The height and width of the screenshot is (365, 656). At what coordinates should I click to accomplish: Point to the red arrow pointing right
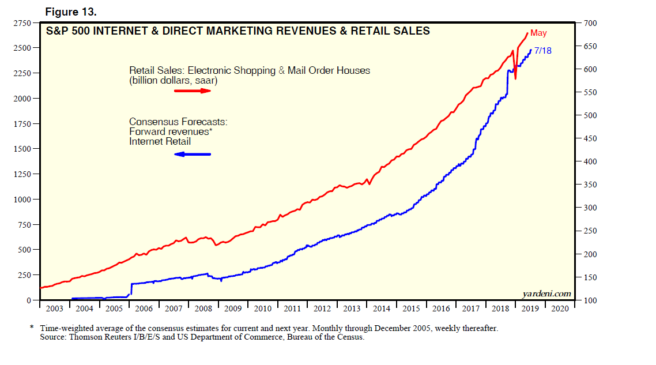click(193, 91)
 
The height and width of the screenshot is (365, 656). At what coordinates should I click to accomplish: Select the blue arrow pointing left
click(193, 154)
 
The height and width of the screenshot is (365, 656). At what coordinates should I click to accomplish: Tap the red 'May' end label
click(538, 33)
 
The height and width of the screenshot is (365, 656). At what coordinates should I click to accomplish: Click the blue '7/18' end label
click(543, 51)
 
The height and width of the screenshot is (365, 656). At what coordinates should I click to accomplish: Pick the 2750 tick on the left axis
click(24, 23)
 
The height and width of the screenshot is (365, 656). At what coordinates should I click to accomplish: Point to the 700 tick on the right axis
click(590, 23)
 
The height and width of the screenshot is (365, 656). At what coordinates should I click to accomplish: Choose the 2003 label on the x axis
click(55, 309)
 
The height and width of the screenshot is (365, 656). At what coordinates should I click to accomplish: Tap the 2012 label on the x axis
click(322, 309)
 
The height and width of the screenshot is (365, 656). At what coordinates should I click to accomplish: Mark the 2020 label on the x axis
click(560, 309)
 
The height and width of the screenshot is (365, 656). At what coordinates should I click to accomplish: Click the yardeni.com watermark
click(546, 294)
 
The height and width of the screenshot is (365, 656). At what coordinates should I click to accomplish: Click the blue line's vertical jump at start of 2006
click(131, 290)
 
